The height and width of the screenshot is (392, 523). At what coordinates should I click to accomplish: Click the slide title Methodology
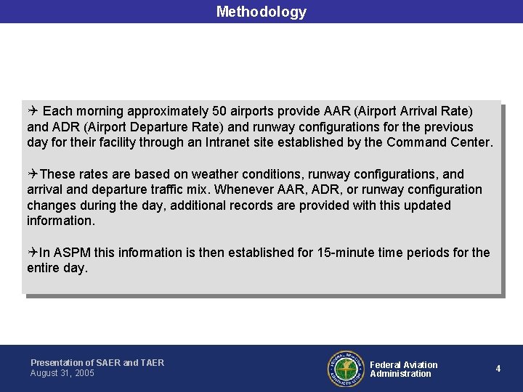261,12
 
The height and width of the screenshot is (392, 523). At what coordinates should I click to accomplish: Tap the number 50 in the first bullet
220,111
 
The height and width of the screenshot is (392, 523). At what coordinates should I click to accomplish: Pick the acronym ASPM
70,253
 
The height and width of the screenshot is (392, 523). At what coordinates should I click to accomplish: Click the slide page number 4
498,369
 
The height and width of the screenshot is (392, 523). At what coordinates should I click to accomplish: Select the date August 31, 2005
62,373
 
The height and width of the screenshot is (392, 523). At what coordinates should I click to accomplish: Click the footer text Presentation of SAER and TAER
97,362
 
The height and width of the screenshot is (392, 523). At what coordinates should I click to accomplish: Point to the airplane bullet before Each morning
33,111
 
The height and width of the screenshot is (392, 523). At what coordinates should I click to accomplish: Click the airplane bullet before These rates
33,174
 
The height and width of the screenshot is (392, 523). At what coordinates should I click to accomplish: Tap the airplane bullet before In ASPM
33,253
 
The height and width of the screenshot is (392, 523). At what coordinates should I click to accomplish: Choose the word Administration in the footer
400,374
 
